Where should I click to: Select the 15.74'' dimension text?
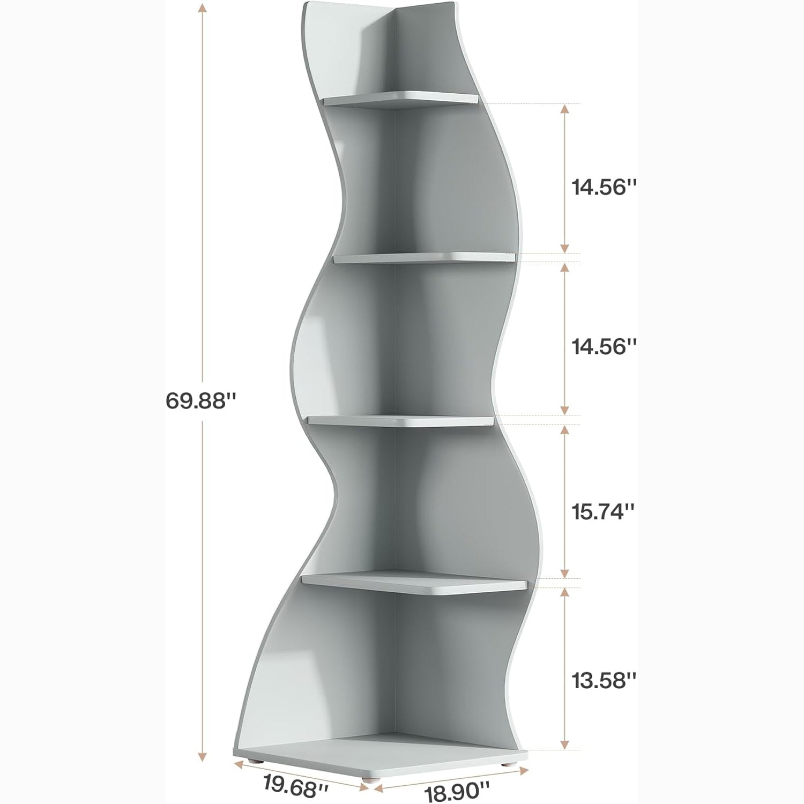[x=603, y=512]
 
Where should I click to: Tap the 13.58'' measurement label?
[x=603, y=681]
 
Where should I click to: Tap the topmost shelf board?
[x=399, y=100]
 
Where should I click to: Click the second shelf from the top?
[x=423, y=258]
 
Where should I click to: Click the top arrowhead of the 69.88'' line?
[x=202, y=8]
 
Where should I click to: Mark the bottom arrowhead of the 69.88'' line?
[x=202, y=756]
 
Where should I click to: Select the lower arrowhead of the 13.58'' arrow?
[x=564, y=744]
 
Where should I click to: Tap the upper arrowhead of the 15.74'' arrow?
[x=564, y=430]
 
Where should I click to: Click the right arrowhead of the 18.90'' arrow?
[x=524, y=771]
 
